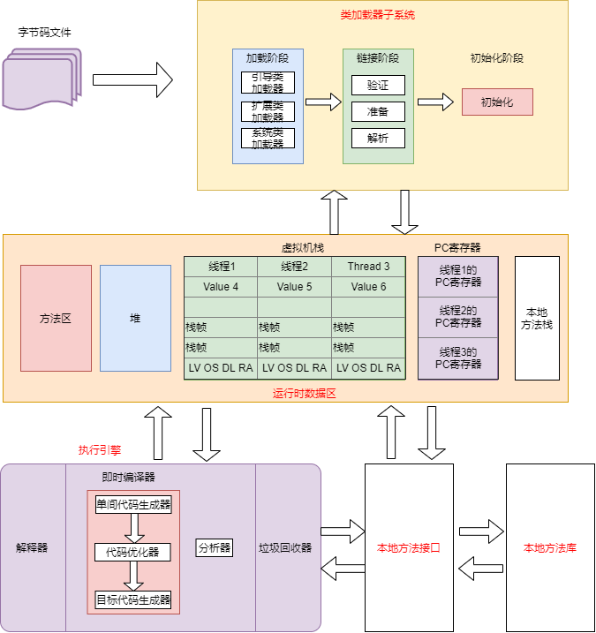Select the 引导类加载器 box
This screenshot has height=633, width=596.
tap(268, 83)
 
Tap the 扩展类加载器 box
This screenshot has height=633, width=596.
tap(268, 111)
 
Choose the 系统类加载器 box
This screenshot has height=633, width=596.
tap(268, 138)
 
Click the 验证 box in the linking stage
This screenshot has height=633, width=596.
tap(378, 86)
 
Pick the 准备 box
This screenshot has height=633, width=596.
tap(378, 112)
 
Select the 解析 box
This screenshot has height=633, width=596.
tap(378, 139)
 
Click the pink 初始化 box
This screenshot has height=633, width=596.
tap(497, 102)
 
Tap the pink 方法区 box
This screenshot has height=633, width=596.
tap(56, 318)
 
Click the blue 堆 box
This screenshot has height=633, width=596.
tap(135, 318)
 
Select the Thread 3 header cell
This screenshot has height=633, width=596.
tap(368, 267)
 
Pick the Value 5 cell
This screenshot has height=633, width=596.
tap(294, 287)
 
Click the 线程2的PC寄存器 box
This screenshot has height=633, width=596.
tap(458, 317)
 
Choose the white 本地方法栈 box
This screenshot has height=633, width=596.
tap(537, 318)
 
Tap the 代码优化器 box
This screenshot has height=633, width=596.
tap(132, 552)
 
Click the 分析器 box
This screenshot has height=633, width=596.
tap(215, 547)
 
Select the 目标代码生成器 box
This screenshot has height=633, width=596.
tap(132, 600)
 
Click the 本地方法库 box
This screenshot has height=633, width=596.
tap(550, 547)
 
